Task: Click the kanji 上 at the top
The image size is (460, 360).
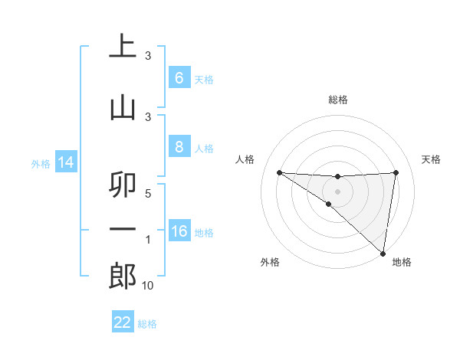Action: click(123, 46)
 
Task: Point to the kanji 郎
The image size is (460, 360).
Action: click(123, 276)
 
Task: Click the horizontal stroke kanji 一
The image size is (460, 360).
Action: click(123, 229)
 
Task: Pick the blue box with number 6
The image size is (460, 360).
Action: click(179, 78)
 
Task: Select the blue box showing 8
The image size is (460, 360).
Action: click(179, 147)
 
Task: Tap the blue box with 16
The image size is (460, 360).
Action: click(179, 231)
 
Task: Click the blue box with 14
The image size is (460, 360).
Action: click(65, 163)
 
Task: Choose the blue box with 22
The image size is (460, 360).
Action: click(122, 322)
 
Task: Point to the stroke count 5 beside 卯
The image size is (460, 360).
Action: click(148, 193)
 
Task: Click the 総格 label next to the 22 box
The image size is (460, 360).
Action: click(147, 324)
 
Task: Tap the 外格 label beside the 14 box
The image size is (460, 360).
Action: click(40, 164)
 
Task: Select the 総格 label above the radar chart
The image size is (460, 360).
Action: click(337, 100)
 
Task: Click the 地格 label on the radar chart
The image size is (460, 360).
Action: click(402, 263)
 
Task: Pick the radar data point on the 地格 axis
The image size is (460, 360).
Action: click(383, 253)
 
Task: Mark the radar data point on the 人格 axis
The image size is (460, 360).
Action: click(279, 172)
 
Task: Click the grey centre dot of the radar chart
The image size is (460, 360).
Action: click(337, 190)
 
